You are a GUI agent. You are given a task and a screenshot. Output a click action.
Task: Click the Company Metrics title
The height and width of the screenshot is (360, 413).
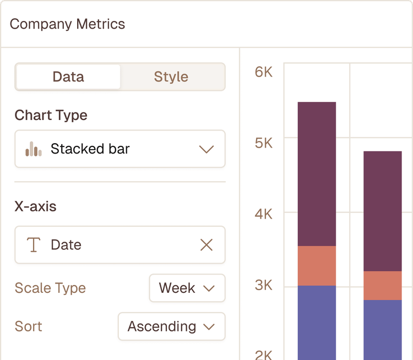point(67,24)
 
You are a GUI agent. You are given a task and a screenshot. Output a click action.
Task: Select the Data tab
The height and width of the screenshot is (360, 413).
point(68,77)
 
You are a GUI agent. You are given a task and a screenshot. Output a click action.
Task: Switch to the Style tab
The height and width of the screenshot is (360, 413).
point(171,77)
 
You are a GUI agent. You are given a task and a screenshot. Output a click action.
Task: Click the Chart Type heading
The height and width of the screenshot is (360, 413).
point(51,115)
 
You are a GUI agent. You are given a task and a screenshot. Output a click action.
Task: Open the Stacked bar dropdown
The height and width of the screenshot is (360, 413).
point(119,149)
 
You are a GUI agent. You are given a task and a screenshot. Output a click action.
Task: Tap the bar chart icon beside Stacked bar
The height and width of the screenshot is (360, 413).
point(34,149)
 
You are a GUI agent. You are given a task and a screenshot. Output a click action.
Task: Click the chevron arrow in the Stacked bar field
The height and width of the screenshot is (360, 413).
point(206,149)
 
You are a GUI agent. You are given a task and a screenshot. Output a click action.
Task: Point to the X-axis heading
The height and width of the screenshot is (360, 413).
point(35,206)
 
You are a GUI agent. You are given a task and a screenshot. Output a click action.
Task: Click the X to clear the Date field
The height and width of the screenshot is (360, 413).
point(206,245)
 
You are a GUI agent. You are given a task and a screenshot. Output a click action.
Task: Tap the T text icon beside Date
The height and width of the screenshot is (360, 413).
point(34,245)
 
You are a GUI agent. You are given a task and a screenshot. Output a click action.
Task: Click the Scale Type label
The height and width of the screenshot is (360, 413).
point(50,288)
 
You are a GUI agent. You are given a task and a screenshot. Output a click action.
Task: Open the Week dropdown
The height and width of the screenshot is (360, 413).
point(187,288)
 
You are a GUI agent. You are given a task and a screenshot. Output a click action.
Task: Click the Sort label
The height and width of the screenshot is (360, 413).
point(29,326)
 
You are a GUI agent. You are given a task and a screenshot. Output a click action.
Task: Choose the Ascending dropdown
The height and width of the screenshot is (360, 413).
point(171,326)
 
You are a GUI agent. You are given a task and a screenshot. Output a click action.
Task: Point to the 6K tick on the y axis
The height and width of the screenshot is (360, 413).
point(264,72)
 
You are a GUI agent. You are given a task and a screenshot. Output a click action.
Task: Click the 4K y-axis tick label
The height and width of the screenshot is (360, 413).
point(264,214)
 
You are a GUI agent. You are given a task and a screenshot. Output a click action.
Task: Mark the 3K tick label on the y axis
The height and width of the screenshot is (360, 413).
point(264,285)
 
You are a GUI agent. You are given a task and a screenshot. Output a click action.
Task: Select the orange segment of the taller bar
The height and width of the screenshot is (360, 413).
point(317,265)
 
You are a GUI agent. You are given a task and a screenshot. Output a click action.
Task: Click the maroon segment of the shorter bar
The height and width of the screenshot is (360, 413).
point(382,211)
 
